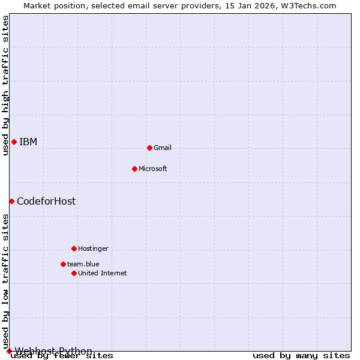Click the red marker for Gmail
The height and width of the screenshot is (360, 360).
point(149,148)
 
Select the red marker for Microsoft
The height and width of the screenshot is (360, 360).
point(134,169)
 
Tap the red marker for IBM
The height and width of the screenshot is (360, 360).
point(14,142)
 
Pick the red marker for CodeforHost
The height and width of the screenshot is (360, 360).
point(11,201)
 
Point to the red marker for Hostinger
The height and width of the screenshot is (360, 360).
point(74,248)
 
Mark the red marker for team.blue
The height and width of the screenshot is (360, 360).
point(63,264)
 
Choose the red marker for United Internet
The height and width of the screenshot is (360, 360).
point(74,273)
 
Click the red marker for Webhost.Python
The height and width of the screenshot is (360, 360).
point(9,351)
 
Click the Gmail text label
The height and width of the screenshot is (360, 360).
point(163,148)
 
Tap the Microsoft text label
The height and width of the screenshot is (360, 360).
point(153,169)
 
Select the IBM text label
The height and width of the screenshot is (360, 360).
point(28,142)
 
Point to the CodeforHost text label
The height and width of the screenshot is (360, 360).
point(46,201)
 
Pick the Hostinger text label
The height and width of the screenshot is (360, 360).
point(94,248)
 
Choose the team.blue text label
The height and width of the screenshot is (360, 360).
point(83,264)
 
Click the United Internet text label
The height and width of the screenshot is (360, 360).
point(103,273)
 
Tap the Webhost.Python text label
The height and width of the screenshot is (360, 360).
point(53,351)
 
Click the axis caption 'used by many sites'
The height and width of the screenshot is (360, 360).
point(301,355)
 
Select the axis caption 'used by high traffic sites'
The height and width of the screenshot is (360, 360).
point(5,85)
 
